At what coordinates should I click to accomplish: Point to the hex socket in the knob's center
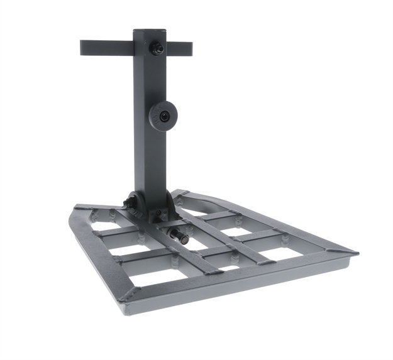pos(164,116)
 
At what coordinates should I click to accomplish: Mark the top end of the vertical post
pos(150,31)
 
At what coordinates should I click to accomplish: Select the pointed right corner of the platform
pos(355,253)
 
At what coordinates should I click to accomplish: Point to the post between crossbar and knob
pos(149,82)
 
